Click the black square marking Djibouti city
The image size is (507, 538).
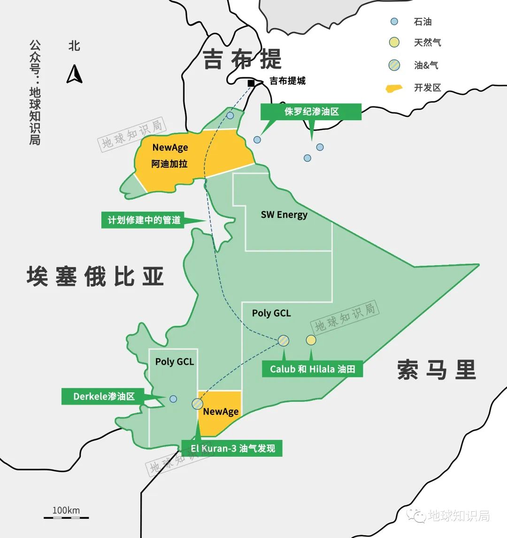coord(251,83)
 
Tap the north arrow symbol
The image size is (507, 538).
coord(74,74)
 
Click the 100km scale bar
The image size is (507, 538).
coord(66,517)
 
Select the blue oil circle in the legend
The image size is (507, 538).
coord(394,21)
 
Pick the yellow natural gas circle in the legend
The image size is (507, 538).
coord(394,43)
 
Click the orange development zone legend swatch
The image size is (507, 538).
coord(394,88)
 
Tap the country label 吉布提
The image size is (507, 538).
coord(242,60)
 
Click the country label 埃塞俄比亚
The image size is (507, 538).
coord(95,276)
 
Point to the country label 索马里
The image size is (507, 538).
coord(437,369)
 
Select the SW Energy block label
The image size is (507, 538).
coord(284,215)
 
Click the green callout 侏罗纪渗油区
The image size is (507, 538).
coord(311,112)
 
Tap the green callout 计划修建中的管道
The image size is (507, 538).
coord(144,220)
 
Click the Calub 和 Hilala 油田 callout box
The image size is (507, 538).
coord(312,369)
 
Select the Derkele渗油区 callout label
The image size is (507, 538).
coord(104,396)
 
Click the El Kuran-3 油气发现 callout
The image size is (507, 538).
coord(232,448)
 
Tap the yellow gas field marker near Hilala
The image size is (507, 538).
coord(311,340)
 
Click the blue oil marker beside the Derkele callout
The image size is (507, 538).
coord(173,399)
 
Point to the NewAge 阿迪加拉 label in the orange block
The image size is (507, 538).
coord(170,155)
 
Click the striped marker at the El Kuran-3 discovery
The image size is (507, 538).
coord(197,404)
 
